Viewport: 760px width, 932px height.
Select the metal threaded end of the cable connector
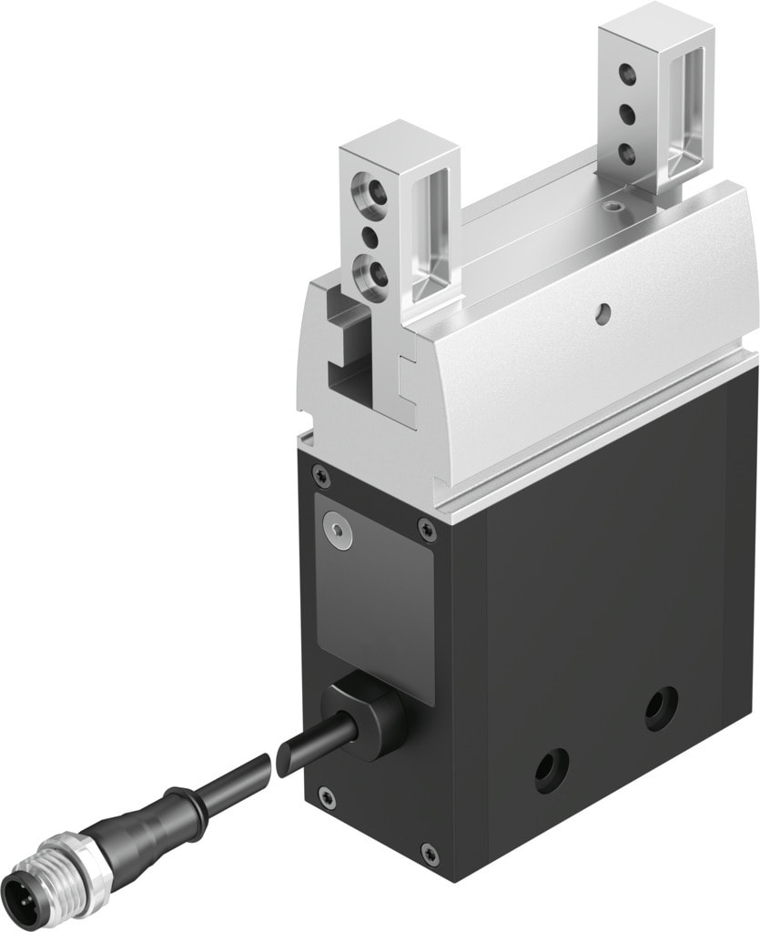tap(36, 874)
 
